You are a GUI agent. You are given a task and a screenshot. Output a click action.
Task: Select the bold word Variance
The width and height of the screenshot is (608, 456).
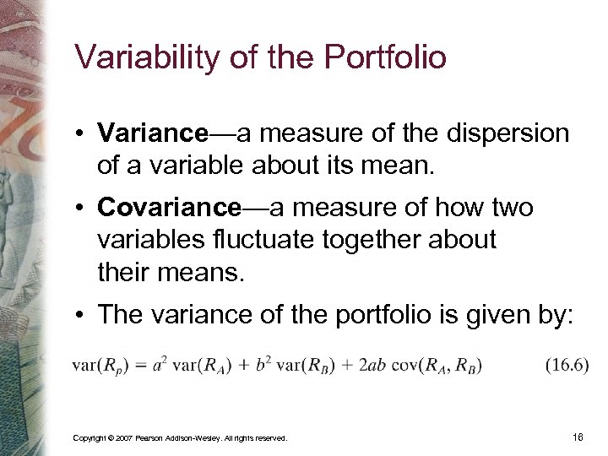[x=152, y=133]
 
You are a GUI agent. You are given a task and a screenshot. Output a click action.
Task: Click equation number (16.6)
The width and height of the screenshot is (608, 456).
[x=566, y=365]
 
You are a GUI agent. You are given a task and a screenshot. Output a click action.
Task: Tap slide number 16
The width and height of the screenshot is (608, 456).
[x=578, y=437]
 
